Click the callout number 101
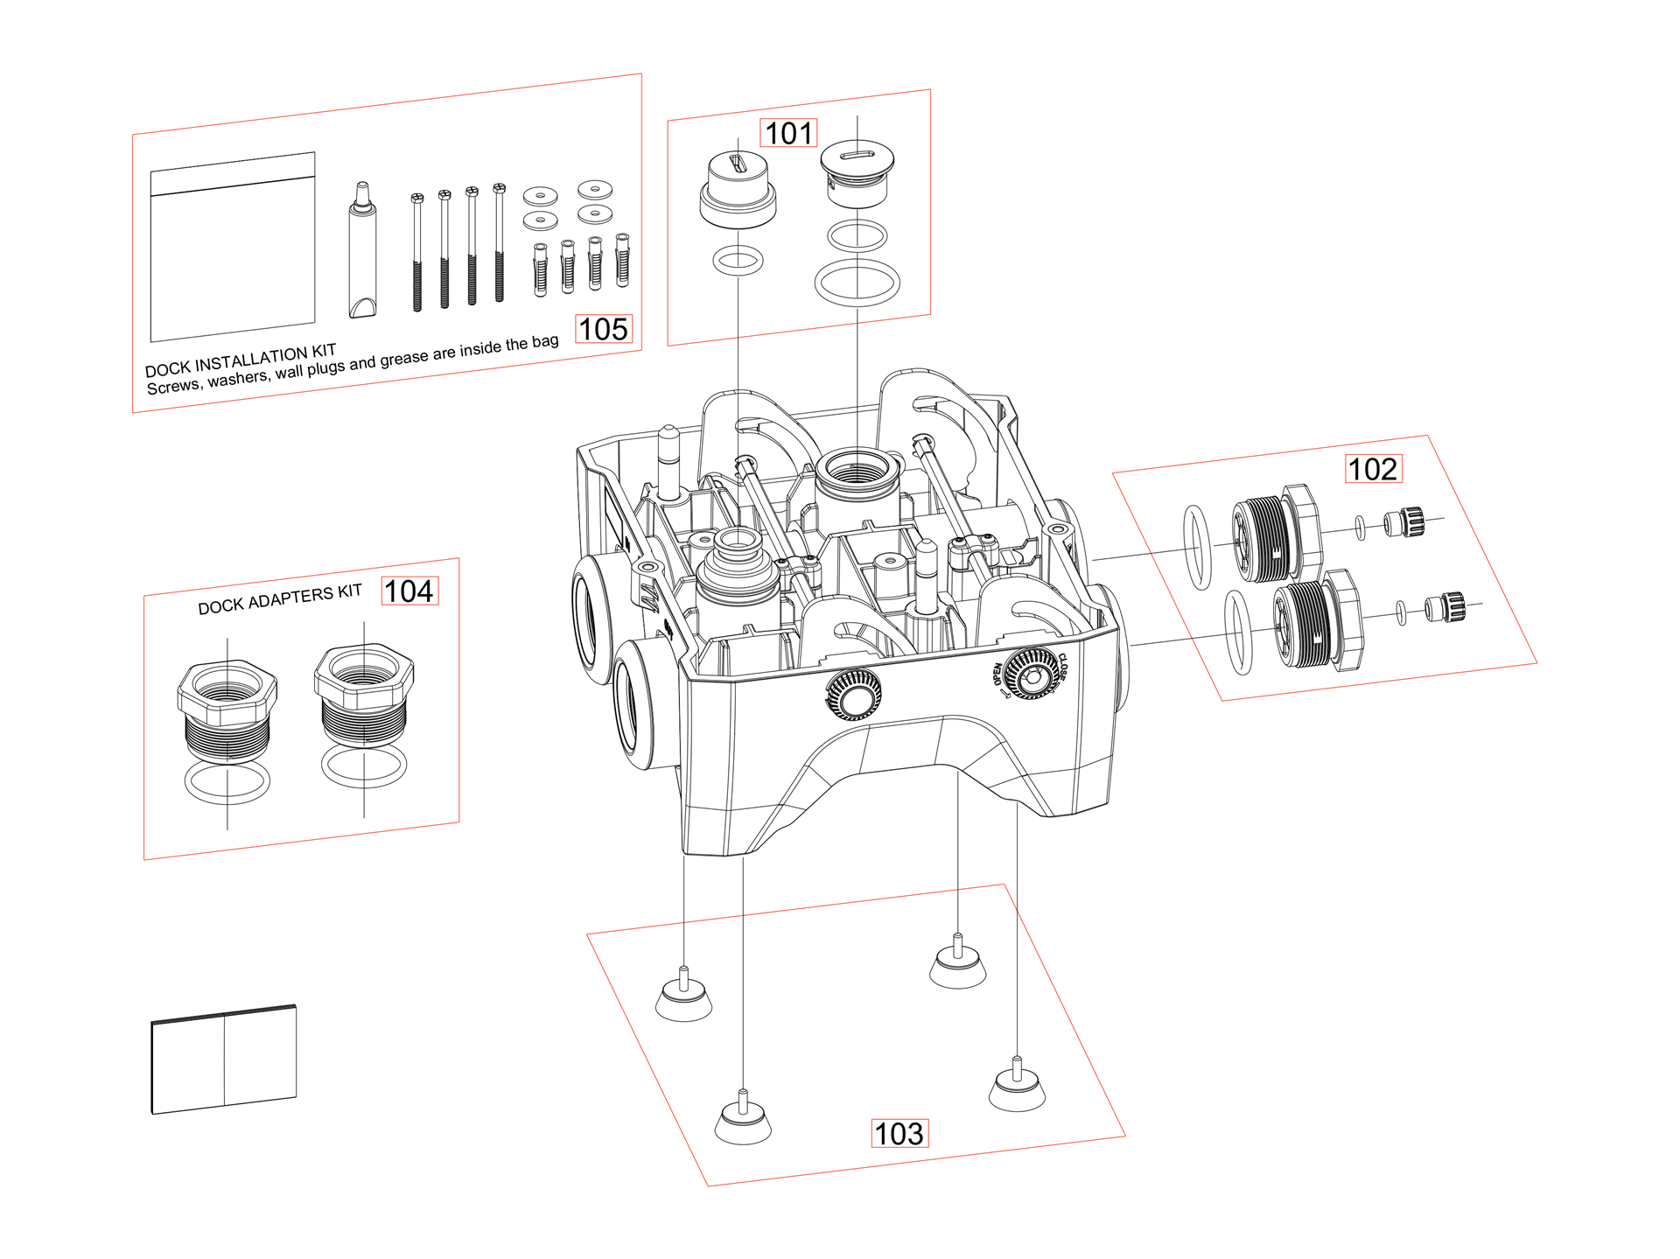pos(788,133)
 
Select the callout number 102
pos(1373,469)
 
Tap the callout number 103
pos(899,1134)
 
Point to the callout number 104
pos(409,591)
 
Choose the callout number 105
pos(604,329)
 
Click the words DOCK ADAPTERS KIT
pos(280,599)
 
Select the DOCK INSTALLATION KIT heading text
pos(241,360)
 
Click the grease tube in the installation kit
pos(362,251)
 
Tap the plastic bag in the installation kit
pos(233,247)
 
